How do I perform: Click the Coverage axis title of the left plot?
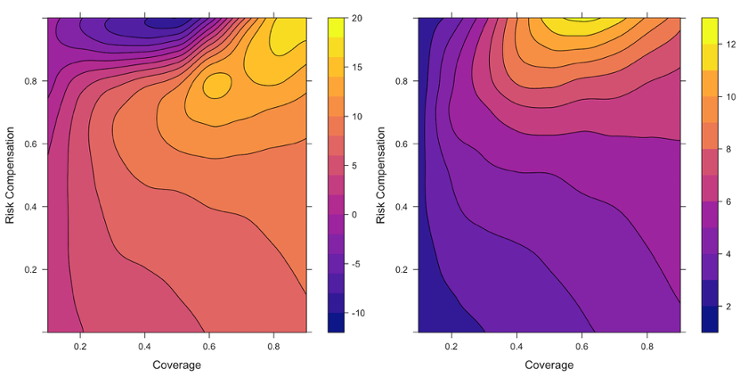click(176, 365)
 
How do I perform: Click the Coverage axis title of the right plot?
click(549, 365)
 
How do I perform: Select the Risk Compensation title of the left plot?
click(11, 174)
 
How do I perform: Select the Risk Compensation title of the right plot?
click(381, 174)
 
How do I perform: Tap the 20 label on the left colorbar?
click(356, 18)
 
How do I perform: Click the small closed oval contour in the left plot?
click(216, 86)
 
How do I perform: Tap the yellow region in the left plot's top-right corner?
click(289, 36)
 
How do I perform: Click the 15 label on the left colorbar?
click(356, 68)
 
